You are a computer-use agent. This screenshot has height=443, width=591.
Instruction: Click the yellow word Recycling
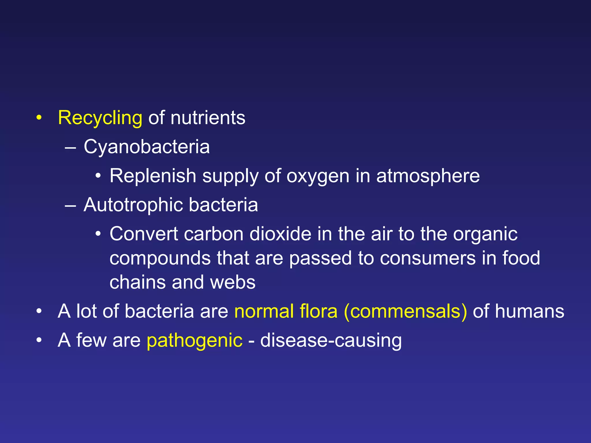pos(100,118)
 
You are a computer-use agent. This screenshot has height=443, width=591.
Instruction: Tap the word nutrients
pos(208,118)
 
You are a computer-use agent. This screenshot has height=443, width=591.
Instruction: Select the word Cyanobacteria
pos(147,147)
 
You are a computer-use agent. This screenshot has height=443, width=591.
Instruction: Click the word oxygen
pos(318,176)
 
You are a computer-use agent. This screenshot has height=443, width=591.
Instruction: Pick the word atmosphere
pos(428,176)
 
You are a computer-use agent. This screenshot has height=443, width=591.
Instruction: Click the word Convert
pos(144,234)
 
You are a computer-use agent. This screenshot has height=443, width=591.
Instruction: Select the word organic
pos(485,234)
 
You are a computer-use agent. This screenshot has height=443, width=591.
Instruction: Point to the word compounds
pos(160,258)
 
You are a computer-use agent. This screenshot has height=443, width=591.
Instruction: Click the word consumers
pos(428,258)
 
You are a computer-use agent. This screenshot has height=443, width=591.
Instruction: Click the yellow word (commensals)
pos(405,311)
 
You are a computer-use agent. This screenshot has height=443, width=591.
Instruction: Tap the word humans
pos(530,311)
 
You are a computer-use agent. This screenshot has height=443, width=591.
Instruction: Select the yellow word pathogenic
pos(194,341)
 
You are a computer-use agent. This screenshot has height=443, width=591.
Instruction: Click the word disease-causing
pos(331,341)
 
